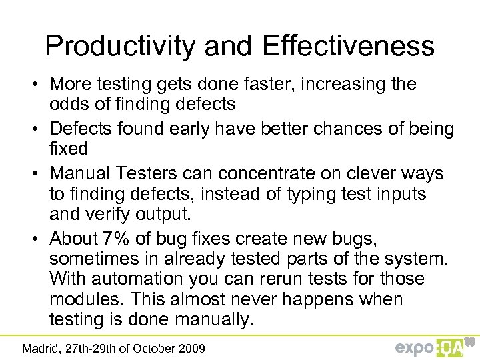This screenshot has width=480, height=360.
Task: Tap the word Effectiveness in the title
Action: point(348,46)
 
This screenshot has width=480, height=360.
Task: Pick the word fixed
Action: point(69,147)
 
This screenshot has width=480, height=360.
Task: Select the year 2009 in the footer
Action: point(191,348)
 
